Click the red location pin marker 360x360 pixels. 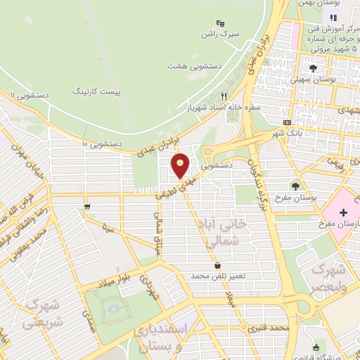[x=181, y=165]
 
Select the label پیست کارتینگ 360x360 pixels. [x=98, y=91]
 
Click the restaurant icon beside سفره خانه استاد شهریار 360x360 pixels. [x=224, y=96]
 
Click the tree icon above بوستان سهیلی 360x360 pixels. [x=313, y=68]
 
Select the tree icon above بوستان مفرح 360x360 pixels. [x=295, y=186]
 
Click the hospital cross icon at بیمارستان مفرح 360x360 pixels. [x=344, y=212]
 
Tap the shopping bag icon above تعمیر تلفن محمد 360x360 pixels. [x=217, y=265]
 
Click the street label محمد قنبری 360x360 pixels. [x=269, y=328]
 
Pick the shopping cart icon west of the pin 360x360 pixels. [x=86, y=207]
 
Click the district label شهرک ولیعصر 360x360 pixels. [x=329, y=278]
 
